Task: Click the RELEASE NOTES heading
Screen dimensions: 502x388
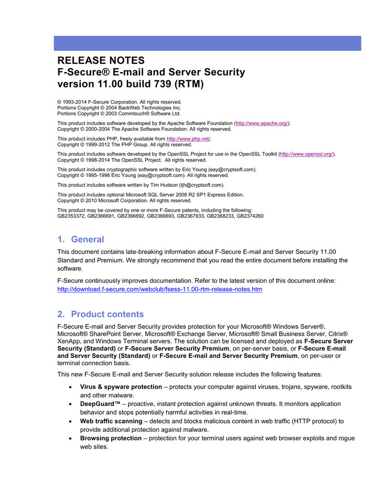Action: pyautogui.click(x=101, y=61)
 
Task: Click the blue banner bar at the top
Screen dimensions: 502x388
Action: pyautogui.click(x=207, y=43)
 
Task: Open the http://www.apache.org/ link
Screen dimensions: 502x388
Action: pyautogui.click(x=262, y=123)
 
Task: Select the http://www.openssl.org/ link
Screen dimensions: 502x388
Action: pyautogui.click(x=307, y=154)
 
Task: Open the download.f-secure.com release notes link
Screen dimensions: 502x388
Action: pyautogui.click(x=160, y=289)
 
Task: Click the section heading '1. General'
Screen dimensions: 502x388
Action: pyautogui.click(x=80, y=239)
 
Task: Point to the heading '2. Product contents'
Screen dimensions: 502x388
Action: pyautogui.click(x=101, y=314)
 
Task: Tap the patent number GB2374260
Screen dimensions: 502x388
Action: pyautogui.click(x=250, y=216)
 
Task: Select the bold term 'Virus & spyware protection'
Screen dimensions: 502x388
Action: pyautogui.click(x=121, y=387)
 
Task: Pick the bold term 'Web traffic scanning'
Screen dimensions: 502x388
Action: pyautogui.click(x=111, y=421)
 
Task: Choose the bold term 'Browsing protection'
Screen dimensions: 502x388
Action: pyautogui.click(x=111, y=438)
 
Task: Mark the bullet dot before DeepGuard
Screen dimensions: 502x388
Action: pyautogui.click(x=73, y=404)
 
